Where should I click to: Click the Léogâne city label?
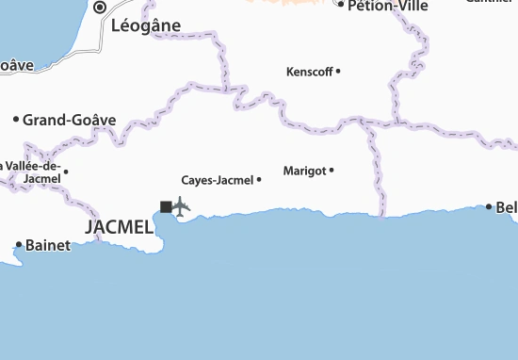pyautogui.click(x=145, y=26)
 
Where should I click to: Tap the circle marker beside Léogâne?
pyautogui.click(x=101, y=7)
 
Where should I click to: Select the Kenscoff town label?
pyautogui.click(x=309, y=71)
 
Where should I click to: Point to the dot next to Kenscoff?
pyautogui.click(x=338, y=71)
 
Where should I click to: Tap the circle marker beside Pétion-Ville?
pyautogui.click(x=341, y=5)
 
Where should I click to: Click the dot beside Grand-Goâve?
pyautogui.click(x=16, y=120)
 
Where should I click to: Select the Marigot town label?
pyautogui.click(x=303, y=171)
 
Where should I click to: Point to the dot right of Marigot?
pyautogui.click(x=332, y=171)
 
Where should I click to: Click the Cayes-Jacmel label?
pyautogui.click(x=217, y=179)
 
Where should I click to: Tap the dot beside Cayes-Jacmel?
pyautogui.click(x=259, y=179)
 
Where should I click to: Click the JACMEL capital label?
pyautogui.click(x=119, y=227)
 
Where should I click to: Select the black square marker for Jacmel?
pyautogui.click(x=166, y=206)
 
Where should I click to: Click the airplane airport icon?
pyautogui.click(x=181, y=205)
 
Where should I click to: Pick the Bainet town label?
pyautogui.click(x=47, y=246)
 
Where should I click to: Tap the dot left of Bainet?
pyautogui.click(x=18, y=246)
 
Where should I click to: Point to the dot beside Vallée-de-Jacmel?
pyautogui.click(x=65, y=171)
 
